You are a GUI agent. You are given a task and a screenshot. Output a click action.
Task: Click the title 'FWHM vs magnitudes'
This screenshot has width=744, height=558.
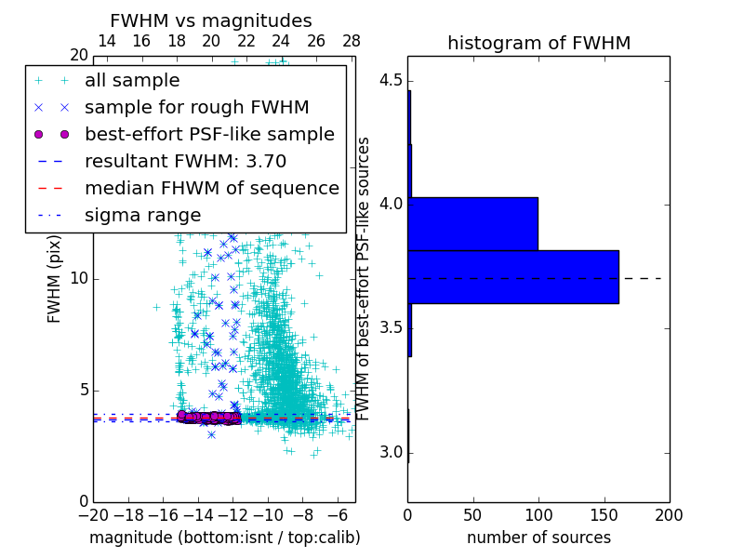[210, 21]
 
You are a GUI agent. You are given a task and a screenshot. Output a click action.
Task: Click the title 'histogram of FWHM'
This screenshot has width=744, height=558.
[538, 43]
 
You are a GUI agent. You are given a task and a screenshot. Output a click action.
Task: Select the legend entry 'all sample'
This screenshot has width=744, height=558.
[132, 81]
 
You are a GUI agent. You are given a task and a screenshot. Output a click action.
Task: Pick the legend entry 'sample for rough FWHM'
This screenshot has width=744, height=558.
[196, 108]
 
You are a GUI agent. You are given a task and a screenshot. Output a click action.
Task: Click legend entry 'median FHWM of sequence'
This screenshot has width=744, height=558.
[211, 189]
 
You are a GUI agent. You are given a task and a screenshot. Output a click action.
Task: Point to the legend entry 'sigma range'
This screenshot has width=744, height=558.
[142, 216]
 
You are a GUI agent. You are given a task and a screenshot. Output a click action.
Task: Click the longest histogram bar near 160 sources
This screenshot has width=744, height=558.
[512, 276]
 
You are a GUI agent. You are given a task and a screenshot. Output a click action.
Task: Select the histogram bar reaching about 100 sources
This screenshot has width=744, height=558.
[472, 223]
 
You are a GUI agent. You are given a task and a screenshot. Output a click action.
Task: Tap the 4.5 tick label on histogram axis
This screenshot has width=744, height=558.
[390, 80]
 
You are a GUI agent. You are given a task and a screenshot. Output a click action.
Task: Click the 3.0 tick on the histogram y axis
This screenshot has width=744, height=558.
[390, 453]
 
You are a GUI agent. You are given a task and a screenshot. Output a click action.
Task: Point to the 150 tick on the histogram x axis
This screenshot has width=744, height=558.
[604, 514]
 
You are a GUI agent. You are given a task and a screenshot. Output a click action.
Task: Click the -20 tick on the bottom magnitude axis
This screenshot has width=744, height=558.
[93, 514]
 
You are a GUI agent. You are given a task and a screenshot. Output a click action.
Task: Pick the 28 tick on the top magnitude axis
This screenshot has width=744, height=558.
[351, 41]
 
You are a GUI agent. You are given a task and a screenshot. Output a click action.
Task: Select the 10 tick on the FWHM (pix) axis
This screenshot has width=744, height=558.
[79, 279]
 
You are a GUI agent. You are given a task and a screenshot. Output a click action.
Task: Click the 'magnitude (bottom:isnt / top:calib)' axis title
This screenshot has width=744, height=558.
[224, 538]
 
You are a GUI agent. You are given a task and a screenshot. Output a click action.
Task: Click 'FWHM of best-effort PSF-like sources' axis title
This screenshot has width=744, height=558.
[365, 279]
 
